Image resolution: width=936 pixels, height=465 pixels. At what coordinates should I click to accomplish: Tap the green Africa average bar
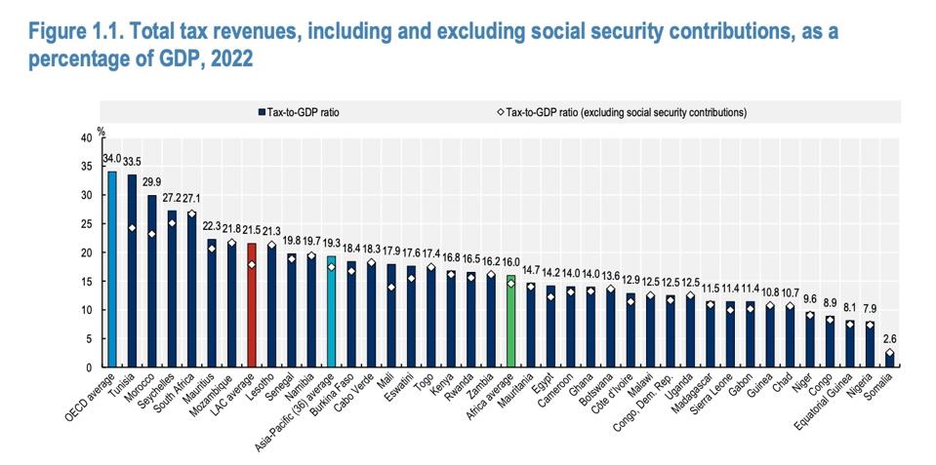[x=510, y=321]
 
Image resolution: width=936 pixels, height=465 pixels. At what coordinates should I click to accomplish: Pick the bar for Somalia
[x=889, y=359]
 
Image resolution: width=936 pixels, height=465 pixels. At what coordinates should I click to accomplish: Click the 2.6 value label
[x=889, y=339]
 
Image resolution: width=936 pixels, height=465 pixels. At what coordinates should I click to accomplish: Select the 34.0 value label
[x=111, y=159]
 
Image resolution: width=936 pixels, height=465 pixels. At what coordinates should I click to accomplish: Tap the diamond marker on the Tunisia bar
[x=132, y=228]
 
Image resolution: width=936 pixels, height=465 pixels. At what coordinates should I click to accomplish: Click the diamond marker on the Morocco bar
[x=151, y=234]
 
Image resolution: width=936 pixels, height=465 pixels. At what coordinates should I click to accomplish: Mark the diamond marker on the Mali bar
[x=391, y=287]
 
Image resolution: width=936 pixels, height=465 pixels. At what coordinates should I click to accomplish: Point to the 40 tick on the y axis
[x=87, y=138]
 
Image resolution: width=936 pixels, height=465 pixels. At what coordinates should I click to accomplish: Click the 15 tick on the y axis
[x=87, y=282]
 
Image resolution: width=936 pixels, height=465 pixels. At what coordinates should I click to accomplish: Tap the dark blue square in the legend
[x=262, y=113]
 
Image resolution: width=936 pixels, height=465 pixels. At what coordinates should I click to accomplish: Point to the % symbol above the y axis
[x=99, y=129]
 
